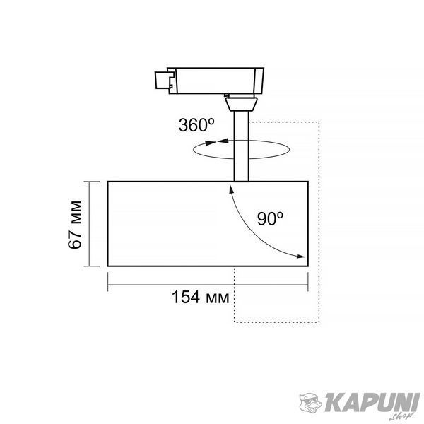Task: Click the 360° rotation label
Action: point(196,125)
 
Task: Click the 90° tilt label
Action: point(270,218)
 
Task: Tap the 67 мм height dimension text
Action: point(75,225)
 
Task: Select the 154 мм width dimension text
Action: point(201,297)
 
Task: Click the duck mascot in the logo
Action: point(310,404)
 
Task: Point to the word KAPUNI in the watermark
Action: point(372,403)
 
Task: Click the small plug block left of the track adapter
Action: point(164,80)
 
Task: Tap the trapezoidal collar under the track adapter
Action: point(241,104)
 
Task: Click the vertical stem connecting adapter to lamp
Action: point(241,146)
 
